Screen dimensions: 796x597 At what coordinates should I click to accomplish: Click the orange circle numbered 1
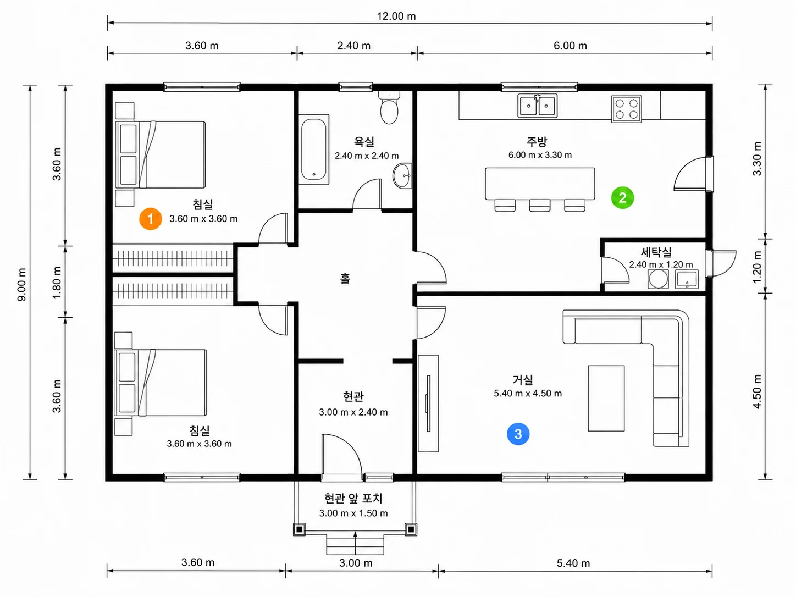click(151, 219)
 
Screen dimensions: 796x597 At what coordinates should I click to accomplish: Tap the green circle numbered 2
click(623, 197)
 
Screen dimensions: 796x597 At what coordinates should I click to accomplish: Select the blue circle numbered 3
click(518, 434)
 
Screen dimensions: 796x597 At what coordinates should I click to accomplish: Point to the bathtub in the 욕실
click(314, 150)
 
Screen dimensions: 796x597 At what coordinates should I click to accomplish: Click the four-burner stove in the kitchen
click(626, 109)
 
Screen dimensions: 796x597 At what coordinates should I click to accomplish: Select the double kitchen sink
click(538, 106)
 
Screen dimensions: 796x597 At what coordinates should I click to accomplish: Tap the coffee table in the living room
click(606, 399)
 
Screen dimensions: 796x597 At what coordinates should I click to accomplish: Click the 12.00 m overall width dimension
click(396, 16)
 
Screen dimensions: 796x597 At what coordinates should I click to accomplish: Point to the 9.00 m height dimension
click(22, 285)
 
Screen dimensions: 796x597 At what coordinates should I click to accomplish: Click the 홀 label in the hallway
click(345, 279)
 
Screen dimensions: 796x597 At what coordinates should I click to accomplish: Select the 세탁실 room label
click(656, 252)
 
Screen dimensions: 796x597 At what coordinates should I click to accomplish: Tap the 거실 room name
click(523, 380)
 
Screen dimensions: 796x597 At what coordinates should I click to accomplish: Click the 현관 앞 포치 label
click(353, 499)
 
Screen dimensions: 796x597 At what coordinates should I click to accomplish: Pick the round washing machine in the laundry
click(658, 279)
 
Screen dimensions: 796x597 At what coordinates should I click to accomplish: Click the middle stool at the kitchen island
click(540, 205)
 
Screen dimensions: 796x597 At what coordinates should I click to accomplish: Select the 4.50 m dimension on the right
click(757, 391)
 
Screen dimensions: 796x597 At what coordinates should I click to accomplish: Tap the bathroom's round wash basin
click(402, 176)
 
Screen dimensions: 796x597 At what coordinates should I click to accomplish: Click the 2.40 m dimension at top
click(353, 46)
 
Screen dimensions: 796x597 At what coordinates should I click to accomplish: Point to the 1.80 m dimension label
click(57, 283)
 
